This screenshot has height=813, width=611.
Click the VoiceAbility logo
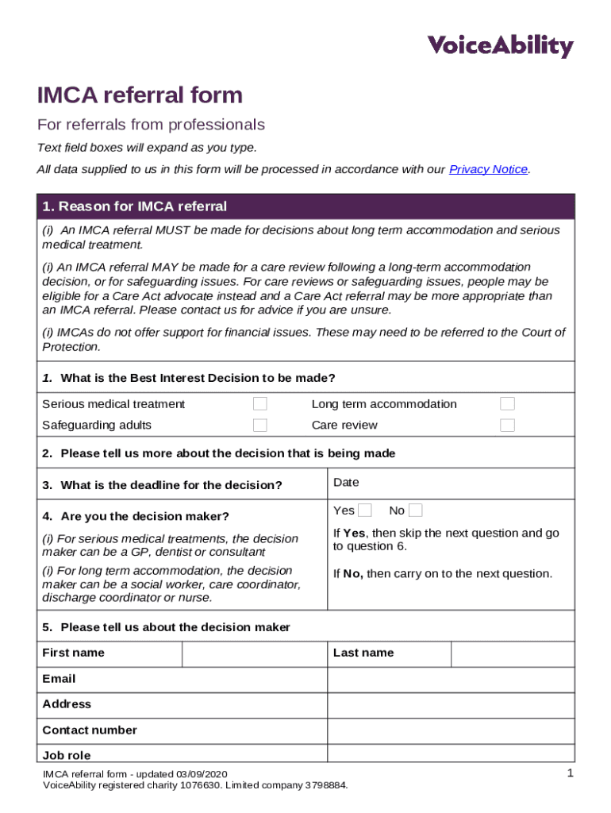(500, 46)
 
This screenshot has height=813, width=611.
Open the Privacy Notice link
(488, 169)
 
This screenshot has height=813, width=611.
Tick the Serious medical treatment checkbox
(259, 404)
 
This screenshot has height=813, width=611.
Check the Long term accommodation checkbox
(507, 404)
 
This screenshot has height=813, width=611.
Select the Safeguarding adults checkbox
(259, 425)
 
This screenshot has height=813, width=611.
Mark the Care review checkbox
(507, 425)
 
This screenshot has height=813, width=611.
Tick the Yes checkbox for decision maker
(365, 510)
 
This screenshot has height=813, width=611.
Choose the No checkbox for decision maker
(416, 510)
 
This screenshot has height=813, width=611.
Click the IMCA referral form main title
(140, 96)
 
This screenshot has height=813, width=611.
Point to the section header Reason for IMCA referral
(134, 206)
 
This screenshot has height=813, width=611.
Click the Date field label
(346, 483)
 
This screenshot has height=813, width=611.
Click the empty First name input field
(254, 653)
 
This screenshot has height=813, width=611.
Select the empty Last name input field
(513, 653)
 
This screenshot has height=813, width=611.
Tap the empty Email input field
(451, 680)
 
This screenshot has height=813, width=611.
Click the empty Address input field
(451, 705)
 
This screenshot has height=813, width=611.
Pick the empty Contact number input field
(451, 730)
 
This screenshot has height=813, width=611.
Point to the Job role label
(67, 756)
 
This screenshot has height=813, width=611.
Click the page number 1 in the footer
(570, 774)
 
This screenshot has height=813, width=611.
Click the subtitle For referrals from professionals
(151, 125)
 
